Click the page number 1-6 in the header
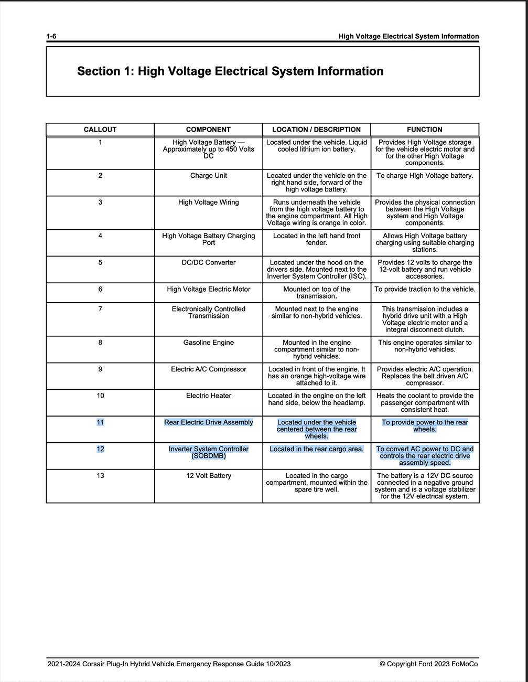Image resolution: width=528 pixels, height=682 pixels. (51, 36)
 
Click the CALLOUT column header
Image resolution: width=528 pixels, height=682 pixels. (100, 130)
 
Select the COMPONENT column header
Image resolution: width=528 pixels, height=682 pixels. (208, 130)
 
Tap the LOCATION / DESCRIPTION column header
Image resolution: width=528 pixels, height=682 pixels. (316, 130)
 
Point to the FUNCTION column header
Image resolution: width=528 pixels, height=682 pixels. (425, 130)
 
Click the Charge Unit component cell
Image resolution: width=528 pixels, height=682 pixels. (209, 176)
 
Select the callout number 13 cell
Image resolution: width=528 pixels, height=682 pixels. (100, 476)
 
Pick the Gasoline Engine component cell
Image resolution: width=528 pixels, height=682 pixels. (209, 343)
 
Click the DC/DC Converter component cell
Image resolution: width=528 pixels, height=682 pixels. (209, 262)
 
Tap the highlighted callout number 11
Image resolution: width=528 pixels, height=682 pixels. (100, 422)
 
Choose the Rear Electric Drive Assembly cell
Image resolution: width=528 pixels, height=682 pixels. (209, 422)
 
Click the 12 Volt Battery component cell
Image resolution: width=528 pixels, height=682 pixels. (209, 476)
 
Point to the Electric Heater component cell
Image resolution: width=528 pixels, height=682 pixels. (209, 396)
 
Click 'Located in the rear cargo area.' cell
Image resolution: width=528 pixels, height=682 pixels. (317, 449)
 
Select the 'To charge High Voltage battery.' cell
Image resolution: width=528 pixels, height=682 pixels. (425, 176)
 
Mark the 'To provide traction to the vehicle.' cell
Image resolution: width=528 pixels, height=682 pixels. (425, 289)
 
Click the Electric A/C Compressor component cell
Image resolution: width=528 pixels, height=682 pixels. (209, 369)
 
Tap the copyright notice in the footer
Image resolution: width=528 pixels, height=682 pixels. (428, 664)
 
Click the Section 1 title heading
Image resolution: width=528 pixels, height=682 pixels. (230, 71)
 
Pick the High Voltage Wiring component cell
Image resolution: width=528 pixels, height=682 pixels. (209, 203)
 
